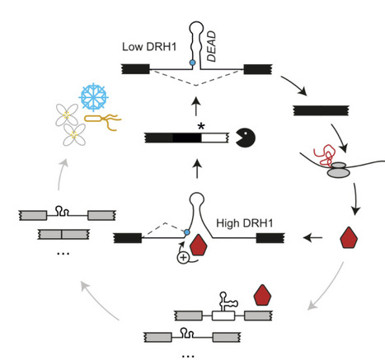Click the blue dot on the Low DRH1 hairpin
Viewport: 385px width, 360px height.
(192, 63)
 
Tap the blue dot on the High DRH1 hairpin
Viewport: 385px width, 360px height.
(189, 233)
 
